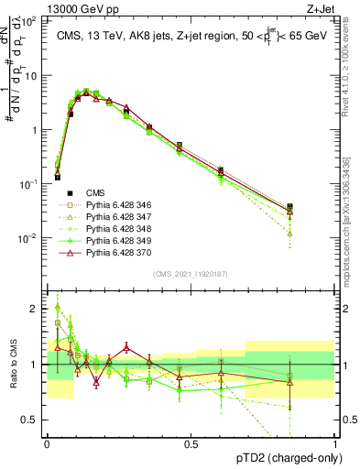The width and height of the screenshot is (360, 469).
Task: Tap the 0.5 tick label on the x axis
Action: (x=191, y=442)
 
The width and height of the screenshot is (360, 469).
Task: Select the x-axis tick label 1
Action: (x=335, y=442)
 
